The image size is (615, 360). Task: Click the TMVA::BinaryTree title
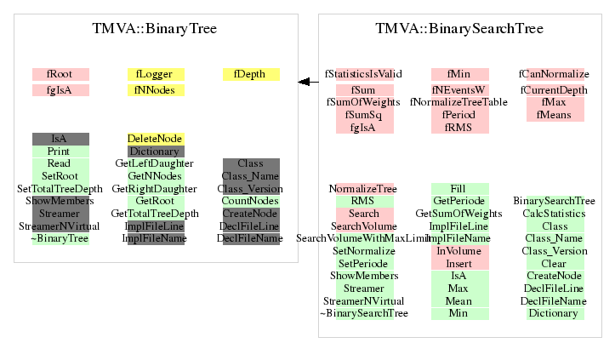(154, 29)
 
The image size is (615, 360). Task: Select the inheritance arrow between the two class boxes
(308, 82)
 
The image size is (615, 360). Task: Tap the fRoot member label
(60, 74)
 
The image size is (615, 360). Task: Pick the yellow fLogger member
(155, 74)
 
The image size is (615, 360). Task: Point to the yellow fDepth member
(250, 74)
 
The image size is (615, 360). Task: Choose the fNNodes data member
(155, 90)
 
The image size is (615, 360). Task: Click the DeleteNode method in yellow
(155, 139)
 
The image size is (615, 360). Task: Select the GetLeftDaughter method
(155, 163)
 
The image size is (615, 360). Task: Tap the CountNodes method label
(250, 201)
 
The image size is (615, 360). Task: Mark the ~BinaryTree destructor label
(60, 238)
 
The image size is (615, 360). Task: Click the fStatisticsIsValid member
(363, 74)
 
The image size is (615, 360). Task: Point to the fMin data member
(458, 74)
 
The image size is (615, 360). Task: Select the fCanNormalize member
(553, 74)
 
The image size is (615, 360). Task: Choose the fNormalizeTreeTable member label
(458, 102)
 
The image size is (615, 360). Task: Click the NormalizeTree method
(363, 189)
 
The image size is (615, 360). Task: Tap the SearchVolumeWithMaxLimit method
(363, 238)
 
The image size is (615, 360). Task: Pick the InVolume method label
(458, 251)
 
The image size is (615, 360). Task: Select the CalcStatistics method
(553, 214)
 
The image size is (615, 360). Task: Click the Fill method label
(458, 189)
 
